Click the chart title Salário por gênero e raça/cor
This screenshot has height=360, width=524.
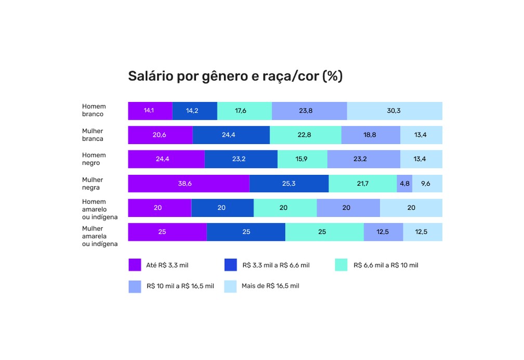pos(235,76)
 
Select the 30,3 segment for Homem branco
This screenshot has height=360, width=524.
pos(394,111)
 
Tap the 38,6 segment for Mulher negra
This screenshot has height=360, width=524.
pos(188,184)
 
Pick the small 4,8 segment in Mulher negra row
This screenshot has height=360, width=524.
pos(404,184)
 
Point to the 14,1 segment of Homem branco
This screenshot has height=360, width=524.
pos(150,111)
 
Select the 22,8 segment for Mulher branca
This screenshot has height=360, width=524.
pos(305,135)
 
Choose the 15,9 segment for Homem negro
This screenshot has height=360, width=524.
pos(302,159)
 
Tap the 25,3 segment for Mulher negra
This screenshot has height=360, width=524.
pos(289,184)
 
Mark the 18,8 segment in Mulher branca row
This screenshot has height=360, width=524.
pos(370,135)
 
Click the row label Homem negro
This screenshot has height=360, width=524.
pos(94,159)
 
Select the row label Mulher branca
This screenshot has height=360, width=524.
pos(93,135)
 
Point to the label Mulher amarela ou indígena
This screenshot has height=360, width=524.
pos(100,236)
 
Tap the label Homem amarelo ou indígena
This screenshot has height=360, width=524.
pos(100,209)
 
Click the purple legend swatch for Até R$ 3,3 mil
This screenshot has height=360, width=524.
pos(135,265)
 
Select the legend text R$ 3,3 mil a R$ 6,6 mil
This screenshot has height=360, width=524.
pos(276,265)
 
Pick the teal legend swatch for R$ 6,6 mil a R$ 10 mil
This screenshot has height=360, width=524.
pos(341,265)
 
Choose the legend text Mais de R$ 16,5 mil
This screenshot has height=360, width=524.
pos(270,286)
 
